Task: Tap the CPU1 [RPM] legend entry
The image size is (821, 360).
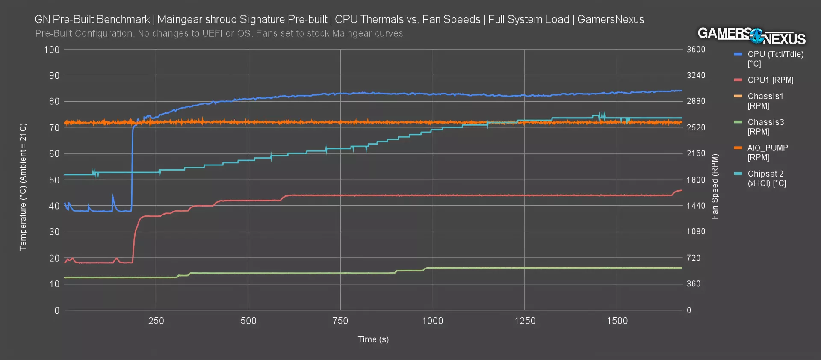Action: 770,80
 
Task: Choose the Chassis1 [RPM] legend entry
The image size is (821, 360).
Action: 765,101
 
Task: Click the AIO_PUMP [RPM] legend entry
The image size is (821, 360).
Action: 767,153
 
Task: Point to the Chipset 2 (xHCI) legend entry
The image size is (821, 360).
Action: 766,178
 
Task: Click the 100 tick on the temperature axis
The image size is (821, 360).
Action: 52,50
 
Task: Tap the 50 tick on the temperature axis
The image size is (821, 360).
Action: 54,180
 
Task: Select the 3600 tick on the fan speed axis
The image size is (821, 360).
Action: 696,50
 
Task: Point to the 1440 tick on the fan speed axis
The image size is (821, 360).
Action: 696,206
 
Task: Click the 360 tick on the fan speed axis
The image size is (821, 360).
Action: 694,284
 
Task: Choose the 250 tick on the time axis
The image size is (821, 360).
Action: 156,321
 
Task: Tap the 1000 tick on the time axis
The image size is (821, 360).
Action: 432,321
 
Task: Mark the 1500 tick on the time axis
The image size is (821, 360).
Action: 617,321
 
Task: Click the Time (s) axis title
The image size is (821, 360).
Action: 373,339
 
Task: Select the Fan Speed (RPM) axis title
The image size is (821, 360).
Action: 715,186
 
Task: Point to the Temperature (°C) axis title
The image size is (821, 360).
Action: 23,187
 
